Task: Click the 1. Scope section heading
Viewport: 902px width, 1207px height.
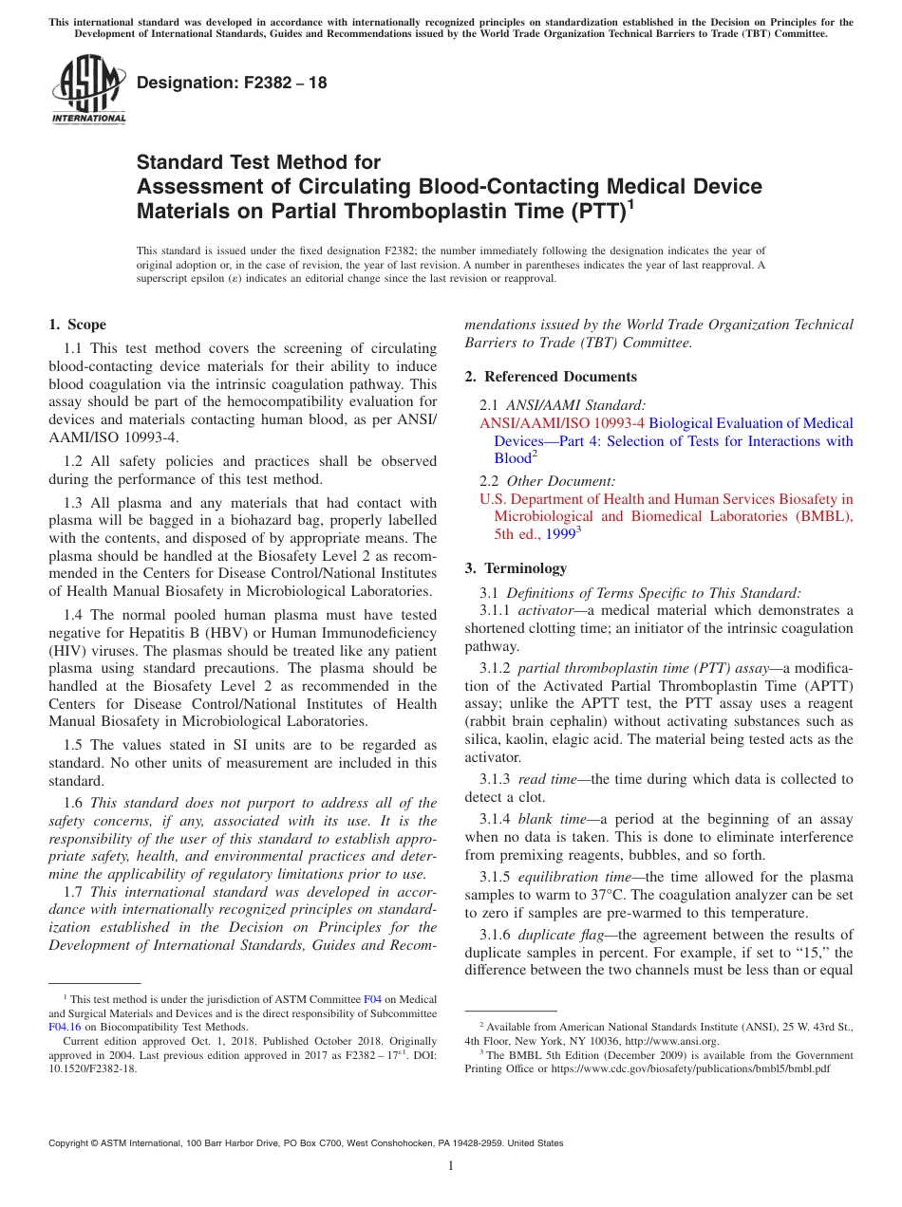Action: [78, 325]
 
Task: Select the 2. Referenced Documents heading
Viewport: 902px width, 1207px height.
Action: [551, 377]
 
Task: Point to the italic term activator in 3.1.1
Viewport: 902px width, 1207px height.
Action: [545, 610]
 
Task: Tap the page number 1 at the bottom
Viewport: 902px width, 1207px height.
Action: [451, 1166]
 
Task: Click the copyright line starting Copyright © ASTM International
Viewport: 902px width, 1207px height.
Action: [306, 1143]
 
